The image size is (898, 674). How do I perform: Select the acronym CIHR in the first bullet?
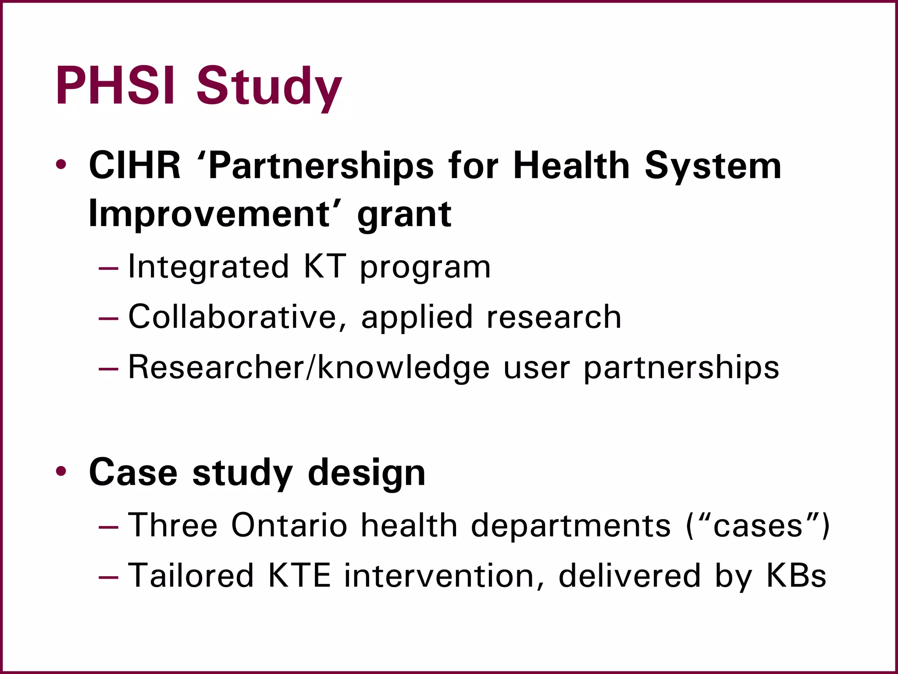[x=135, y=166]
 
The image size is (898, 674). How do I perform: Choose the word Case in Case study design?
[x=133, y=473]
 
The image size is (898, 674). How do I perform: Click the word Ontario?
[x=289, y=525]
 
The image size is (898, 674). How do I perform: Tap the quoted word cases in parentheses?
[x=758, y=525]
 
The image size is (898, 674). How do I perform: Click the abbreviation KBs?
[x=796, y=575]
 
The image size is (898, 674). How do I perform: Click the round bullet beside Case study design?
[x=61, y=472]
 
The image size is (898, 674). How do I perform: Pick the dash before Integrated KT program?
[x=108, y=267]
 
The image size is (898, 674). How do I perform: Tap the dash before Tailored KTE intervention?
[x=108, y=576]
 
